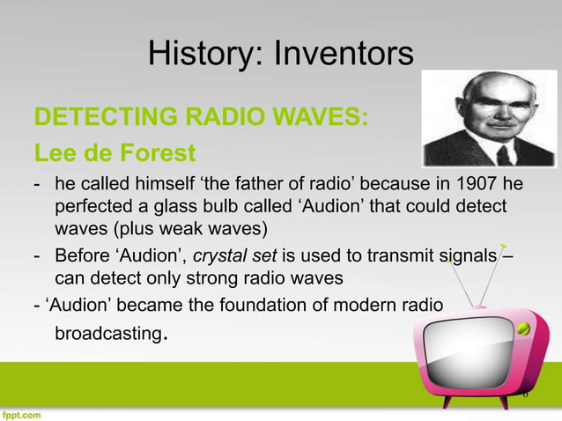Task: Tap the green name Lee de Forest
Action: click(x=115, y=154)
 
